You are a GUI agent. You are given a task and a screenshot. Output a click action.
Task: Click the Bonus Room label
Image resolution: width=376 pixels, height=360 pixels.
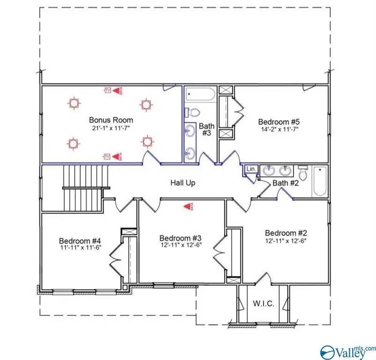pos(111,120)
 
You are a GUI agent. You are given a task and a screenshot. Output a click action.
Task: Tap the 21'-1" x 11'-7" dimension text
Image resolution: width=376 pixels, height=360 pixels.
pos(111,127)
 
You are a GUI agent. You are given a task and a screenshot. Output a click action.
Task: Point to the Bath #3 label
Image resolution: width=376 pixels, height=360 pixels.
pos(206,130)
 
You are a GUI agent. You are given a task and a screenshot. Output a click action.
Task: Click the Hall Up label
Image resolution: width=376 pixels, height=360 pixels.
pos(183,183)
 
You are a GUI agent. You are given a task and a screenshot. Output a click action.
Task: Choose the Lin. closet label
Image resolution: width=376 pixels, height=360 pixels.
pos(251,169)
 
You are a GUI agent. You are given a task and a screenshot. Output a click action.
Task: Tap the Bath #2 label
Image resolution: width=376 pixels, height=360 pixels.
pos(286,183)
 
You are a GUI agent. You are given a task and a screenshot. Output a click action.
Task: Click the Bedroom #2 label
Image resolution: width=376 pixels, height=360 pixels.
pos(286,233)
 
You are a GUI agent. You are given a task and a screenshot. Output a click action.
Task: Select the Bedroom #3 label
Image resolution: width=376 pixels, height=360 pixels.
pos(180,238)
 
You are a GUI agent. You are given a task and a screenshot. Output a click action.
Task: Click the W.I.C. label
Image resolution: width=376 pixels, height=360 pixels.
pos(264,303)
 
